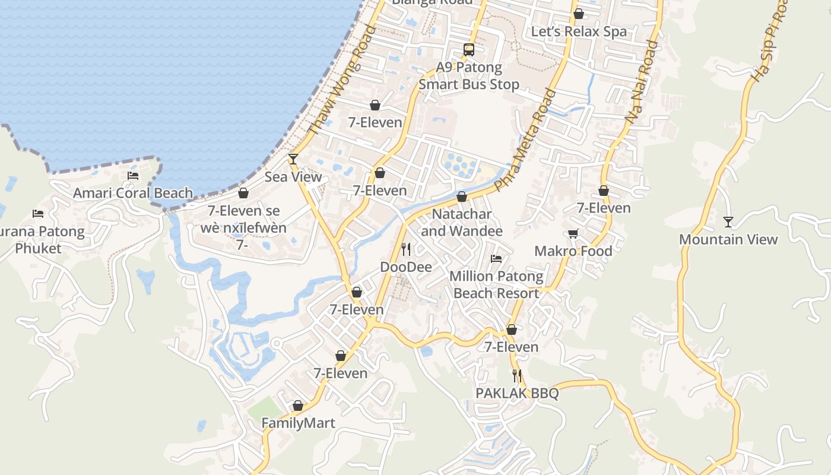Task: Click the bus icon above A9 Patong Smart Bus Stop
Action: (469, 49)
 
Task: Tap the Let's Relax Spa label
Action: (579, 31)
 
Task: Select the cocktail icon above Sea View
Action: (293, 159)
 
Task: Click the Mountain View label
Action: (728, 239)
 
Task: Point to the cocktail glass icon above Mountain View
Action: (728, 221)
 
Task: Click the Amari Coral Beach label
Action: (133, 193)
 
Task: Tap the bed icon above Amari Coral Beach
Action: (133, 176)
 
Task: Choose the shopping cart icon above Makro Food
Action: (573, 233)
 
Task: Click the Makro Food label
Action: (573, 251)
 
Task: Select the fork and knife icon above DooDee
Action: (406, 249)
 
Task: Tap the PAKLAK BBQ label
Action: (517, 393)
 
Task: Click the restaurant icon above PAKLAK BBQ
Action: (517, 375)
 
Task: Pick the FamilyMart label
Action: (299, 423)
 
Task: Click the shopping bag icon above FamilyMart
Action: (298, 406)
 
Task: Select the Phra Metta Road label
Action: (526, 140)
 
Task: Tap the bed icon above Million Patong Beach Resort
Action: (496, 258)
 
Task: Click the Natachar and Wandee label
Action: (462, 222)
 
